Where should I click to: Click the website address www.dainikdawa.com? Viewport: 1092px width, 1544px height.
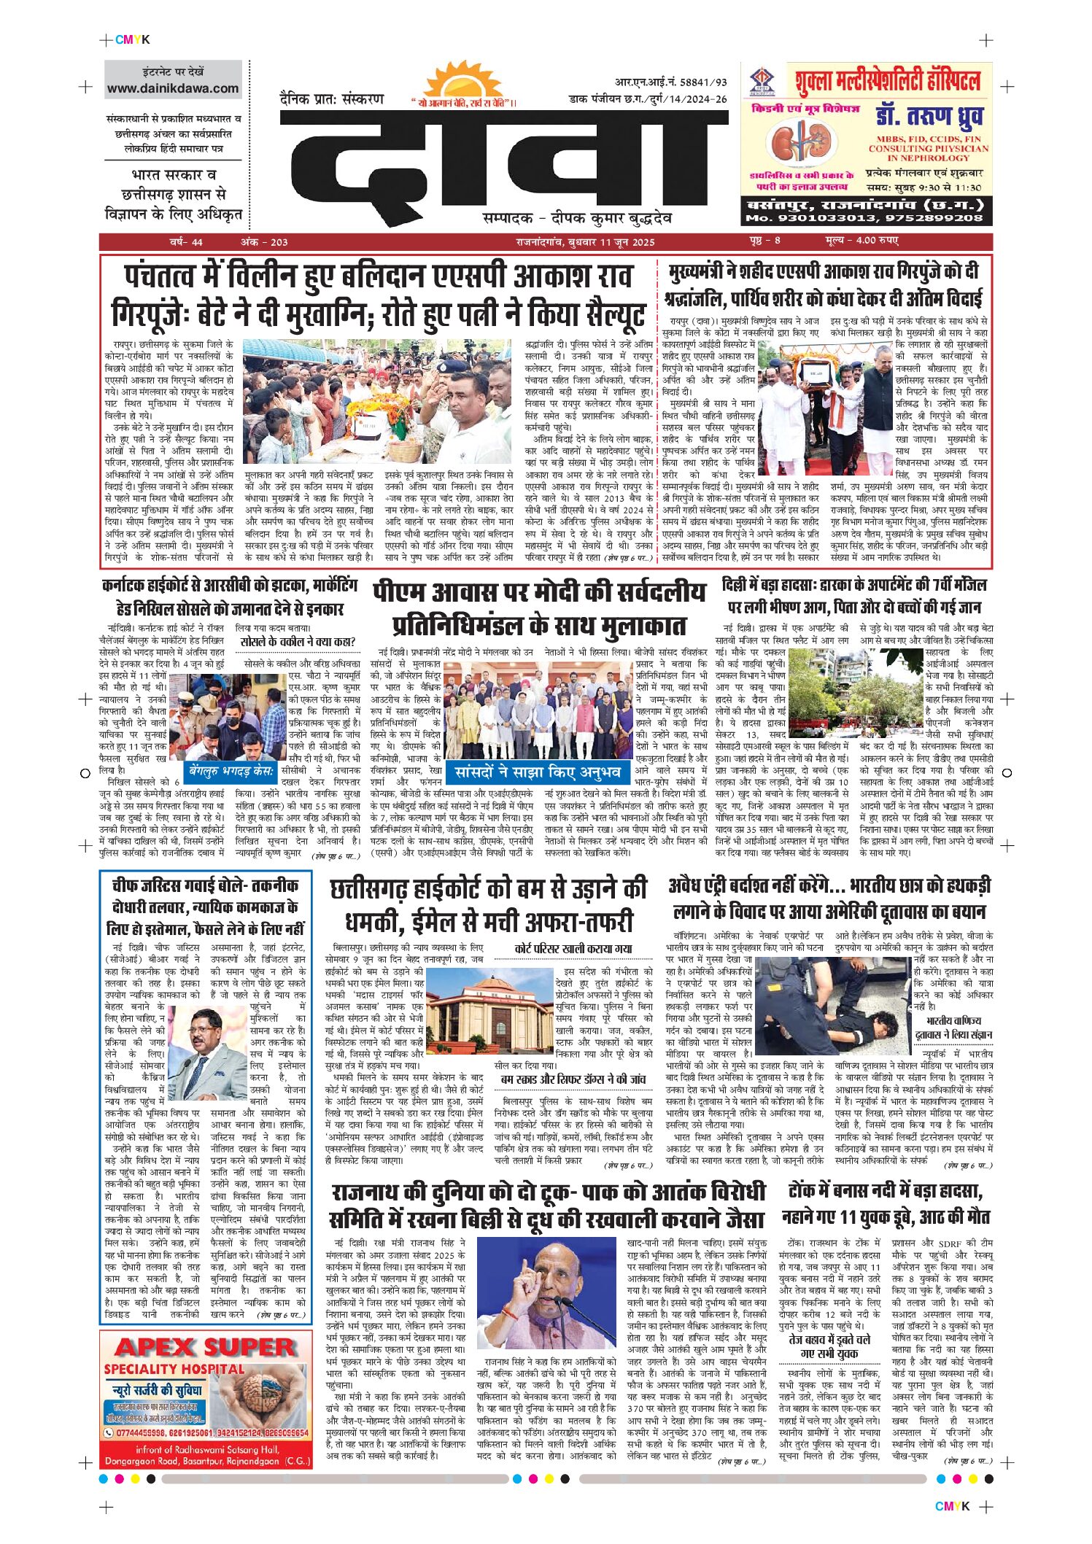[x=173, y=88]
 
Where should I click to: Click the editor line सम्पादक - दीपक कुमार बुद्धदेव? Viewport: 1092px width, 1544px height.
[x=577, y=218]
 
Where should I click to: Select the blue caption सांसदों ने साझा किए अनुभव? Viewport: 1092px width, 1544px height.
[x=537, y=772]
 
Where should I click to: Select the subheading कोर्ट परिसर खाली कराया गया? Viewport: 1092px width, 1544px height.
[x=573, y=949]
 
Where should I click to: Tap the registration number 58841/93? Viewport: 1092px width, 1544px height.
[x=698, y=82]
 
